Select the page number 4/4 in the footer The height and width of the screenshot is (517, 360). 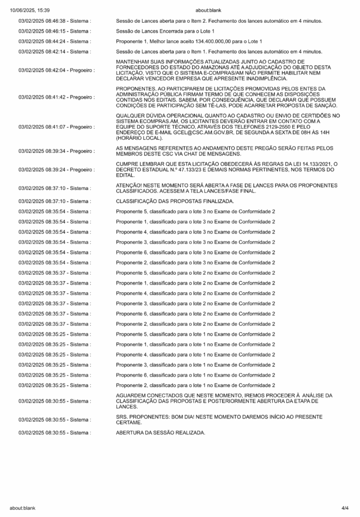[345, 507]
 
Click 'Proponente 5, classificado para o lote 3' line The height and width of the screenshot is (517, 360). [195, 211]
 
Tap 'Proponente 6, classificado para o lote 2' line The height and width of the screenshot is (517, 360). [195, 314]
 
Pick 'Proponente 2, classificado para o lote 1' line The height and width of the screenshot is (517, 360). [195, 385]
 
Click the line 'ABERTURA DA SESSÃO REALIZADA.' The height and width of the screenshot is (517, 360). [161, 433]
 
